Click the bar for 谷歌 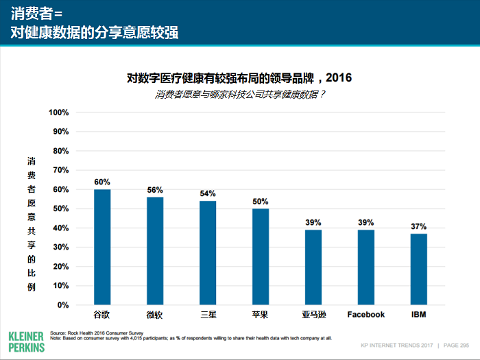[102, 247]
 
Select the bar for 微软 [155, 251]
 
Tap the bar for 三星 [208, 252]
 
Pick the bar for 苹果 [261, 256]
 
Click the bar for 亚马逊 [313, 267]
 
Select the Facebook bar [366, 267]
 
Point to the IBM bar [419, 269]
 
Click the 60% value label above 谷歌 [102, 182]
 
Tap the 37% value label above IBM [419, 226]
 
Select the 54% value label [208, 193]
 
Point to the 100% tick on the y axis [58, 112]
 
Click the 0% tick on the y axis [62, 305]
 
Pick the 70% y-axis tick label [60, 170]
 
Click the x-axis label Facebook [366, 315]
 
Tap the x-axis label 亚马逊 [313, 315]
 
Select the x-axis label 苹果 [261, 315]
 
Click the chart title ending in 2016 [239, 78]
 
